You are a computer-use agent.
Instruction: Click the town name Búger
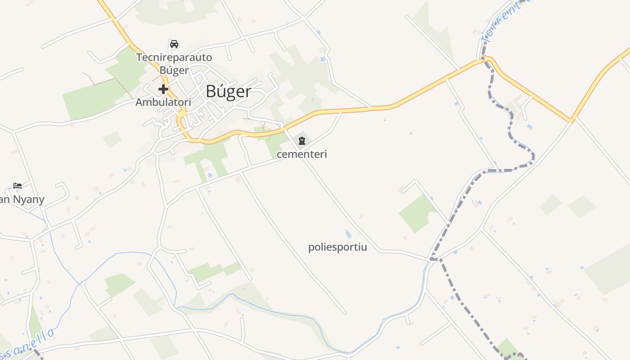click(x=228, y=91)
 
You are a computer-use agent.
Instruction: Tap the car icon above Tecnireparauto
click(x=174, y=44)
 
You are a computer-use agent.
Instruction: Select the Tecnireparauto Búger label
click(x=174, y=64)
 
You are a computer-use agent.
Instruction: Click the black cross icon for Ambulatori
click(x=163, y=89)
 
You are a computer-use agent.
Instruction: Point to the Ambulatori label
click(x=163, y=102)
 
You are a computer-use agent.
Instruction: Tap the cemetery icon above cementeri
click(x=301, y=141)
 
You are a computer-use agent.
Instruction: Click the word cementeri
click(x=301, y=154)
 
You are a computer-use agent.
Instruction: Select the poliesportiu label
click(x=337, y=247)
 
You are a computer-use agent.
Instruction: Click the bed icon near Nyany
click(x=18, y=185)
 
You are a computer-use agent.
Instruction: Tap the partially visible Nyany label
click(x=22, y=199)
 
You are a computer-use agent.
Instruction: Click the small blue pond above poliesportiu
click(x=348, y=234)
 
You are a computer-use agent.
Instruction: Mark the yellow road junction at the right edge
click(x=572, y=120)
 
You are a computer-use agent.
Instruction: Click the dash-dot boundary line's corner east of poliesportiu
click(x=432, y=259)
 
